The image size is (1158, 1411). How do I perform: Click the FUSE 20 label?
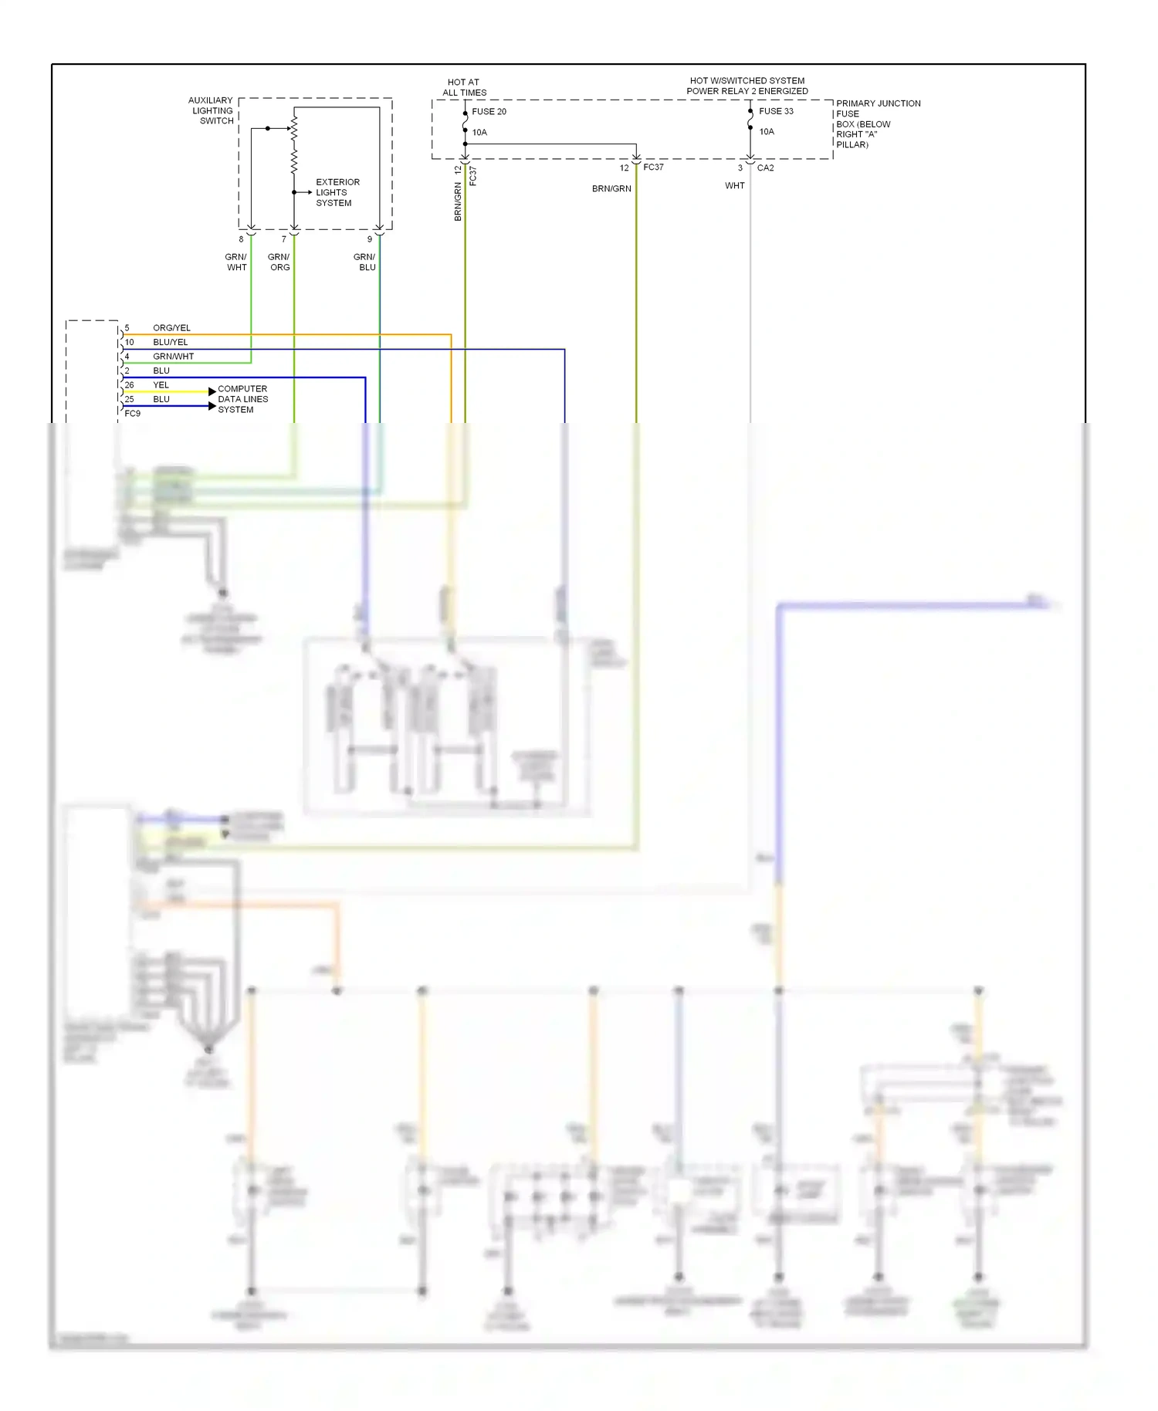pyautogui.click(x=489, y=112)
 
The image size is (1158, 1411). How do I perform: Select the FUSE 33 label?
pyautogui.click(x=775, y=111)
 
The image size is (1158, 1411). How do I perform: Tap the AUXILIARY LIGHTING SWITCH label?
pyautogui.click(x=211, y=110)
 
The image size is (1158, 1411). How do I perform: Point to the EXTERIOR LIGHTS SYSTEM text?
pyautogui.click(x=337, y=193)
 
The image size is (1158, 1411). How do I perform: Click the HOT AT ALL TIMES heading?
pyautogui.click(x=464, y=87)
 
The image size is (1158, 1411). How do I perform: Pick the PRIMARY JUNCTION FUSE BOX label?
pyautogui.click(x=877, y=124)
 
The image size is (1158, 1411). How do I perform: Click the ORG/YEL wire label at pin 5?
pyautogui.click(x=171, y=328)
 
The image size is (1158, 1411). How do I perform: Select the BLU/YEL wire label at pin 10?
pyautogui.click(x=170, y=342)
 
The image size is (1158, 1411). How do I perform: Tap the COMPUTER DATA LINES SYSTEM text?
pyautogui.click(x=242, y=399)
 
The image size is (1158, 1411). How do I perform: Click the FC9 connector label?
pyautogui.click(x=133, y=414)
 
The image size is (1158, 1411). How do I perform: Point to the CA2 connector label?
pyautogui.click(x=765, y=168)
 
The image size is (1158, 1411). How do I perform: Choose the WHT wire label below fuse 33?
pyautogui.click(x=734, y=186)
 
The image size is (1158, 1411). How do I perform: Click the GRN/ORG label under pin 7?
pyautogui.click(x=279, y=262)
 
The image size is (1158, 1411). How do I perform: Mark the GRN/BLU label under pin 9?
pyautogui.click(x=365, y=262)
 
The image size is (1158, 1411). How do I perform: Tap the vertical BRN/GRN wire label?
pyautogui.click(x=458, y=202)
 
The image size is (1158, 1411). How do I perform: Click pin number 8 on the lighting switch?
pyautogui.click(x=241, y=239)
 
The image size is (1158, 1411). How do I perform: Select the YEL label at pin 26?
pyautogui.click(x=161, y=385)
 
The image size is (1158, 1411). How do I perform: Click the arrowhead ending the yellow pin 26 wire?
pyautogui.click(x=212, y=392)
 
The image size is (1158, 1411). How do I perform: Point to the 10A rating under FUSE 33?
pyautogui.click(x=766, y=132)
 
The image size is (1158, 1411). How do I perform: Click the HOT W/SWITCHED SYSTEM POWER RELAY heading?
pyautogui.click(x=747, y=86)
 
